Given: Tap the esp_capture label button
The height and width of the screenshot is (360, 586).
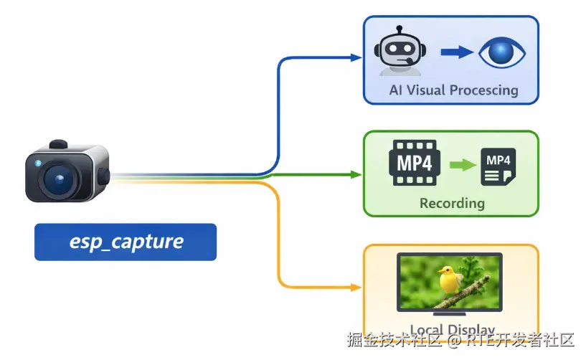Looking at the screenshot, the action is [x=126, y=242].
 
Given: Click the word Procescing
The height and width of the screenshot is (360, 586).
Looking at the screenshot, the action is [x=485, y=90].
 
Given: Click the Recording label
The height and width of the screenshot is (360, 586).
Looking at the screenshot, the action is [x=452, y=203].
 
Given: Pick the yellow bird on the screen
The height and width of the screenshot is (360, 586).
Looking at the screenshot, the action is [x=450, y=280].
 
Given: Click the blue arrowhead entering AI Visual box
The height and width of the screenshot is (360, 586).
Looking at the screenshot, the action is [x=355, y=57].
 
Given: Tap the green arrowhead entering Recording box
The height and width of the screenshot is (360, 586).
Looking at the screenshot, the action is [x=355, y=174].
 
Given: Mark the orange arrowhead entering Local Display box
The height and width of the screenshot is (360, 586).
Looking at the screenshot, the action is [x=355, y=287].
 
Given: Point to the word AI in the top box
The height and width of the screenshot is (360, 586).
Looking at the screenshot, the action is [x=396, y=90].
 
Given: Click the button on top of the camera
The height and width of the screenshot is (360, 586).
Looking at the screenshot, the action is [x=59, y=144].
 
